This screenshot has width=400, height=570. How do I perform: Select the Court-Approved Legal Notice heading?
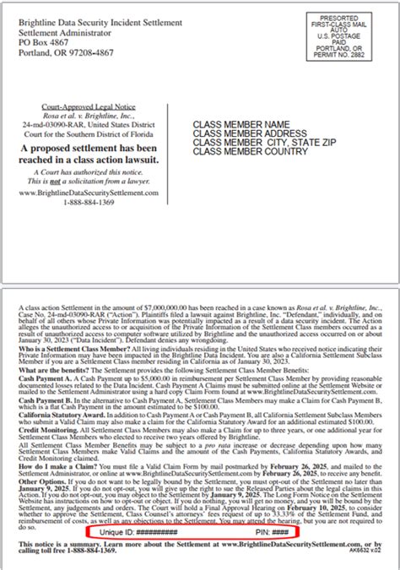[87, 108]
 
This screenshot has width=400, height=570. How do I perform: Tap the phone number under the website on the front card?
[88, 203]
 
